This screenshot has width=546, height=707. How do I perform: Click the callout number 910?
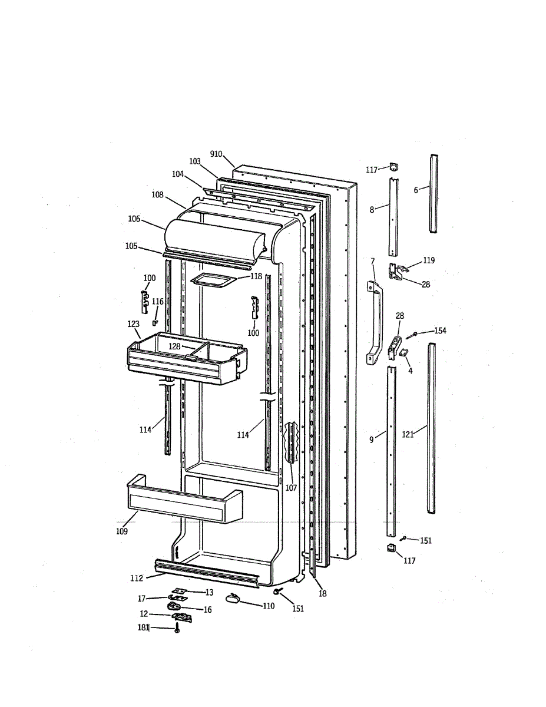click(216, 154)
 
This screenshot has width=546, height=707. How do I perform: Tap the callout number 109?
click(122, 531)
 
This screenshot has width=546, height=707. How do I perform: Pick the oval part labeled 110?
click(233, 599)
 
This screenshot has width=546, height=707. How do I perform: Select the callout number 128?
click(175, 346)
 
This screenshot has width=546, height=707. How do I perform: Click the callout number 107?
click(291, 488)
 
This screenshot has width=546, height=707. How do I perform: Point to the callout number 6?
click(416, 190)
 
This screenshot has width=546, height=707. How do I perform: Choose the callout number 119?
click(429, 260)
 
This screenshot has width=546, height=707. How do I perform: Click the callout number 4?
click(411, 371)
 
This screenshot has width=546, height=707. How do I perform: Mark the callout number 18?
click(323, 594)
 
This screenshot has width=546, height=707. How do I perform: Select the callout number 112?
click(137, 577)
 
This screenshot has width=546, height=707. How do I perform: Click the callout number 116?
click(158, 302)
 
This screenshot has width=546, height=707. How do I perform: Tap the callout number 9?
click(372, 440)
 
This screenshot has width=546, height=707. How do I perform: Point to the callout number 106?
click(134, 219)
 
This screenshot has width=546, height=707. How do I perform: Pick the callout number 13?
click(209, 592)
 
